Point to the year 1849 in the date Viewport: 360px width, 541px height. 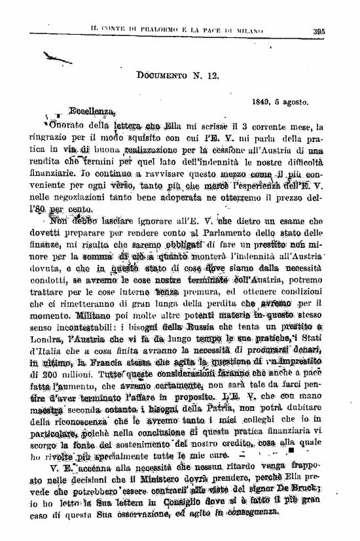click(x=262, y=102)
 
